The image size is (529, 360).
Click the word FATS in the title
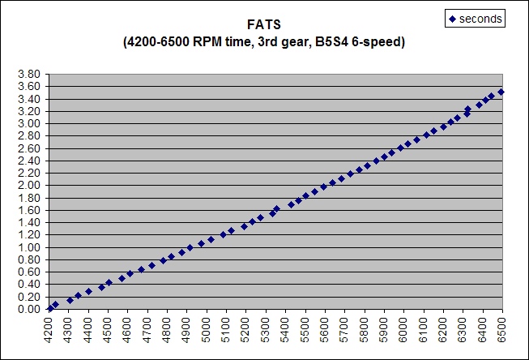(x=264, y=25)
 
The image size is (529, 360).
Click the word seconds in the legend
(x=480, y=18)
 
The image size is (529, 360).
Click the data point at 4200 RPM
(x=50, y=308)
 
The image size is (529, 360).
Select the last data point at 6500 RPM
(x=501, y=92)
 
